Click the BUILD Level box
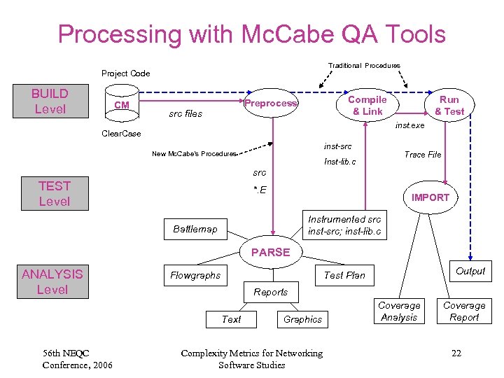pos(50,101)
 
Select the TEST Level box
pos(55,193)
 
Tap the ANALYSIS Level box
pos(52,282)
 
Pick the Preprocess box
pos(271,104)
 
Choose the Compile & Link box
pos(367,105)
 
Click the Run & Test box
pos(449,105)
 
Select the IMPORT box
pos(430,197)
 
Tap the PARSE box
pos(270,252)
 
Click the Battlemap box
pos(195,229)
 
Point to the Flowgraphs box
pos(195,275)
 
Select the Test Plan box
pos(344,275)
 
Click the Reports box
pos(271,292)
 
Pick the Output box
pos(470,271)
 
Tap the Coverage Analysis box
pos(399,311)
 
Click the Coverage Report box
pos(464,311)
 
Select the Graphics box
pos(302,319)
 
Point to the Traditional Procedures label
pos(364,66)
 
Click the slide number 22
pos(456,353)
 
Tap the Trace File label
pos(423,155)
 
